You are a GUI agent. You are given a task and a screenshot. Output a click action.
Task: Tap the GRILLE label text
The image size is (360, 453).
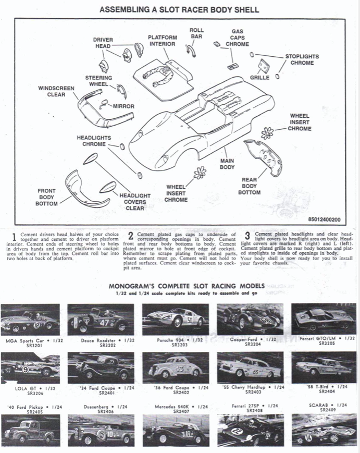[x=259, y=78]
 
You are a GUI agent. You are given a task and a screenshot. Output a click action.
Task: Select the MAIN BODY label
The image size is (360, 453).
[x=227, y=164]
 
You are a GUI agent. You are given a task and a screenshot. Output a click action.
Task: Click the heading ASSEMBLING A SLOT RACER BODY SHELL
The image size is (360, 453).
[x=179, y=9]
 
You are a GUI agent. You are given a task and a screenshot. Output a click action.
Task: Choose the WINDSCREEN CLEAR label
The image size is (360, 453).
[x=52, y=91]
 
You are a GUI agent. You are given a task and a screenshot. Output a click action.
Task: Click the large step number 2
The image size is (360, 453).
[x=131, y=236]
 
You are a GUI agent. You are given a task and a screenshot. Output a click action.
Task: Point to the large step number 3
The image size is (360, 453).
[x=247, y=236]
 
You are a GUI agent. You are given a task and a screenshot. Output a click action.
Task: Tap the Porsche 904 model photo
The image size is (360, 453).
[x=176, y=320]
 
